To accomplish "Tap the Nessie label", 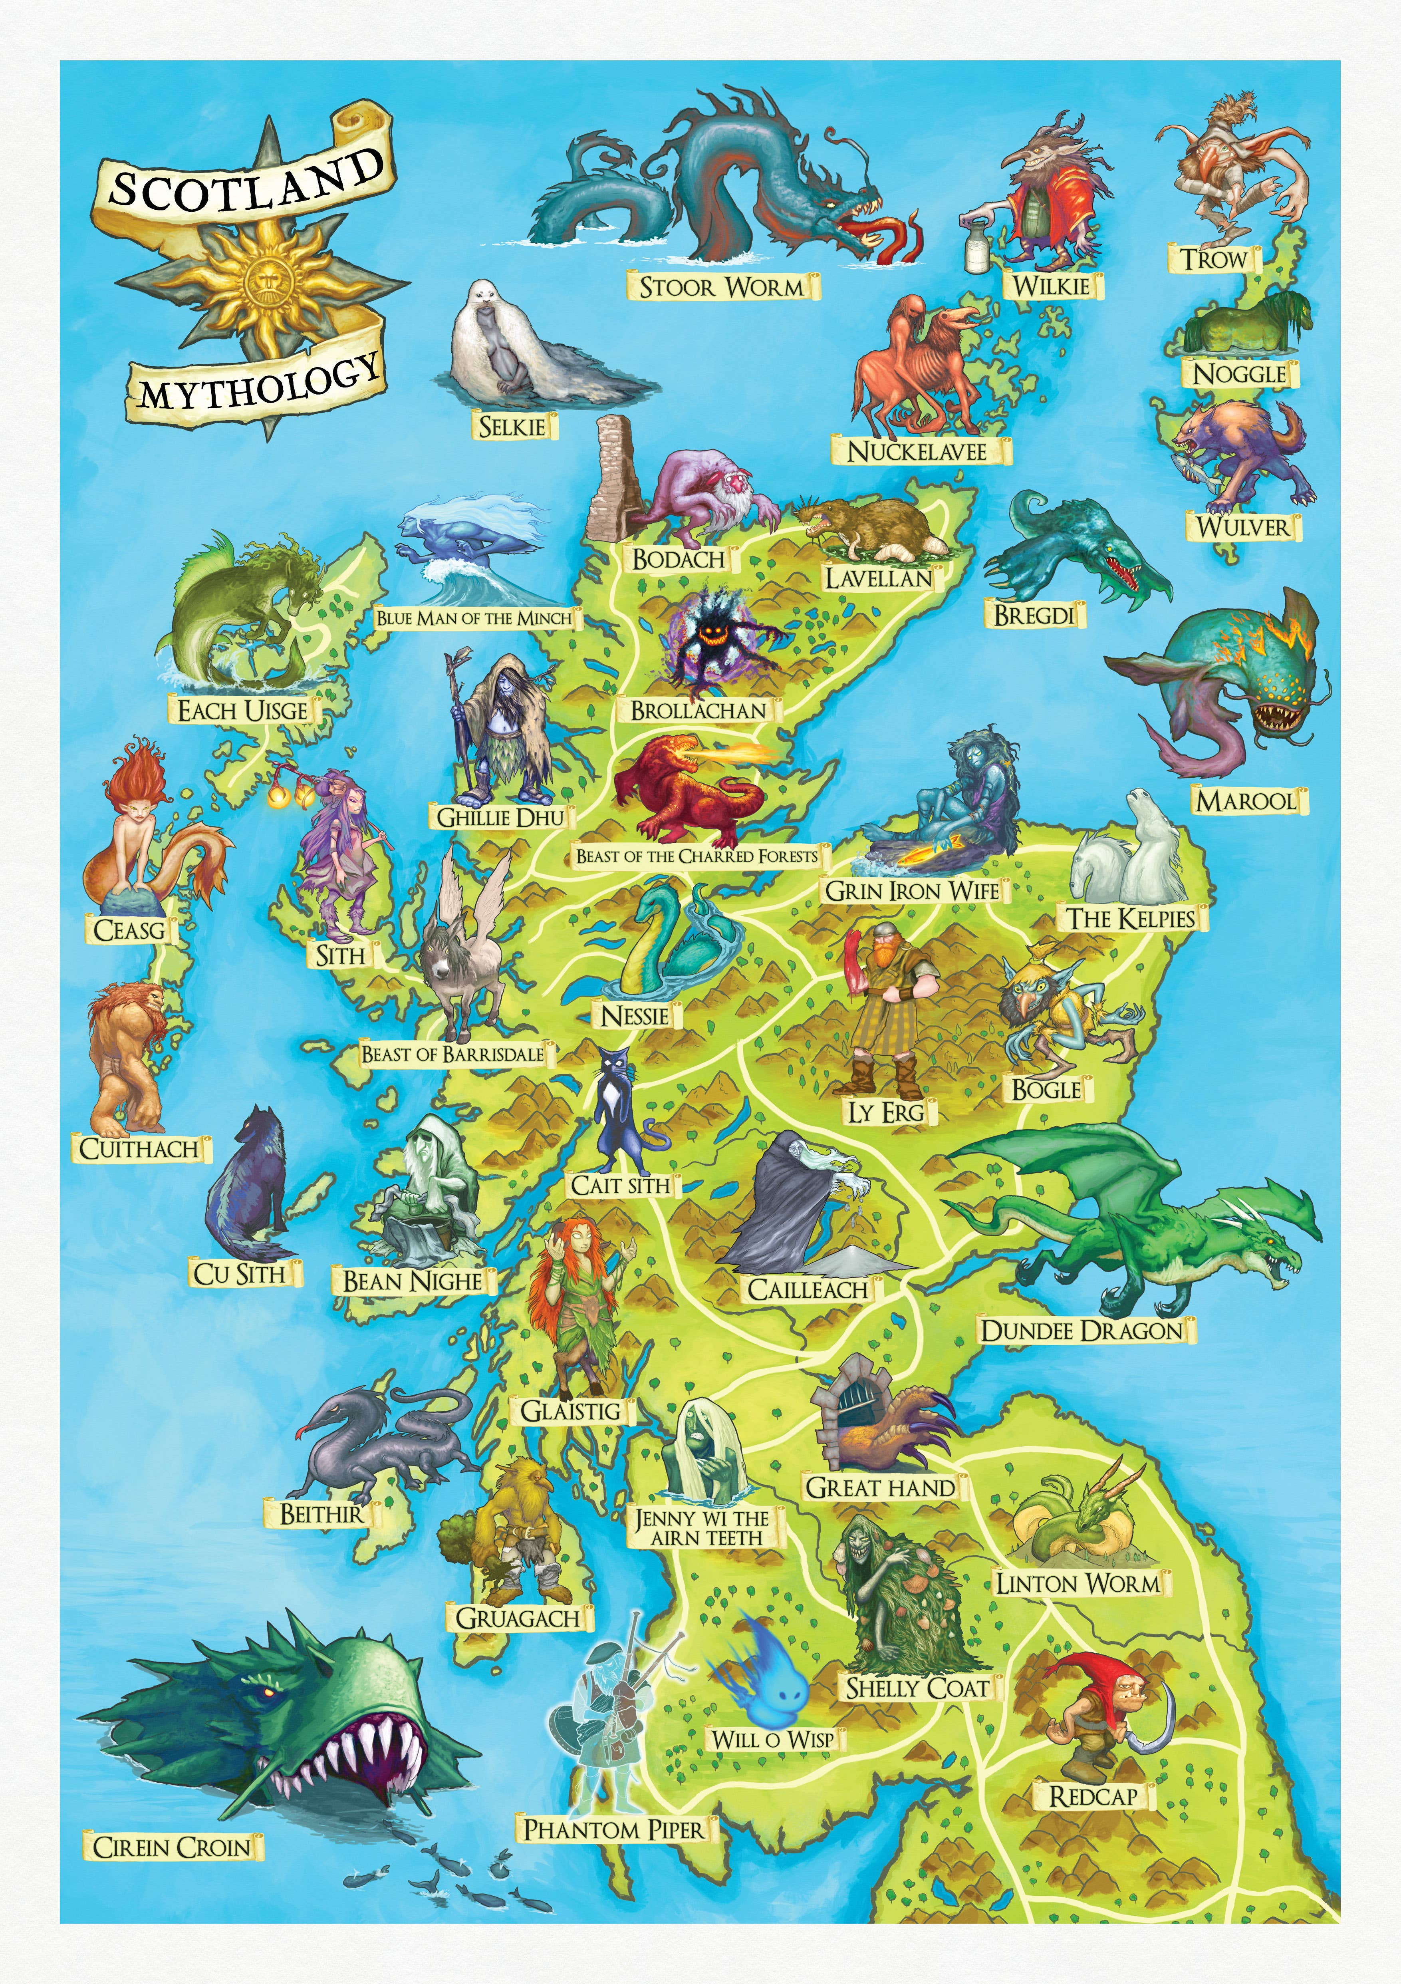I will [x=636, y=1015].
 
